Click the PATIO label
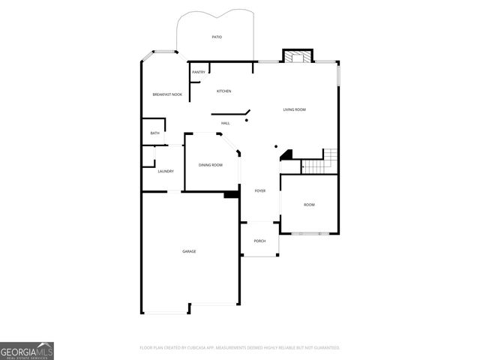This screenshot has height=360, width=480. pyautogui.click(x=217, y=37)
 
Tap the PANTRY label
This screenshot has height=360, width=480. pyautogui.click(x=199, y=72)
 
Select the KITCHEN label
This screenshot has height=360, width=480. pyautogui.click(x=223, y=91)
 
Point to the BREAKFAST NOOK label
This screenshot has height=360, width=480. pyautogui.click(x=167, y=94)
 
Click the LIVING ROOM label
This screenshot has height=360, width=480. pyautogui.click(x=294, y=110)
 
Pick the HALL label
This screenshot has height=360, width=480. pyautogui.click(x=225, y=123)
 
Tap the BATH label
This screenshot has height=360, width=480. pyautogui.click(x=154, y=133)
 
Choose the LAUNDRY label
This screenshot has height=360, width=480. pyautogui.click(x=166, y=171)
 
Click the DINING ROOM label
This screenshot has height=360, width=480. pyautogui.click(x=211, y=165)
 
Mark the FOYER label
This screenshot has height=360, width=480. pyautogui.click(x=259, y=191)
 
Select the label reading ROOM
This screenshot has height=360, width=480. pyautogui.click(x=309, y=205)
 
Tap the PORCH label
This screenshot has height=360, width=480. pyautogui.click(x=259, y=241)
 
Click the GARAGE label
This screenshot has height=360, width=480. pyautogui.click(x=189, y=251)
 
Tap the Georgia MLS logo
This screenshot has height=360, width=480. pyautogui.click(x=27, y=351)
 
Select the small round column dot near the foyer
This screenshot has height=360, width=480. pyautogui.click(x=275, y=146)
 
